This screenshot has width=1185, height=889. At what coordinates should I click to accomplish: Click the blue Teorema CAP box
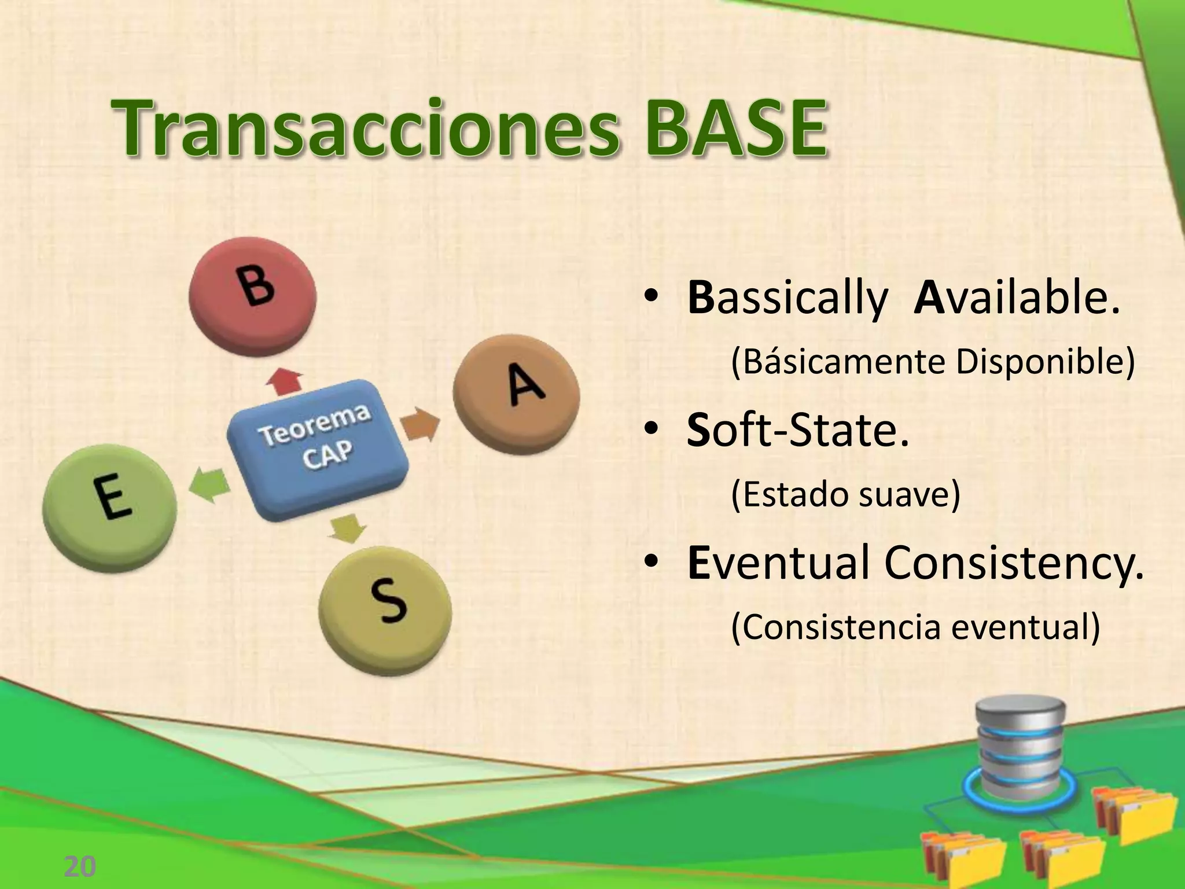pos(317,449)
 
